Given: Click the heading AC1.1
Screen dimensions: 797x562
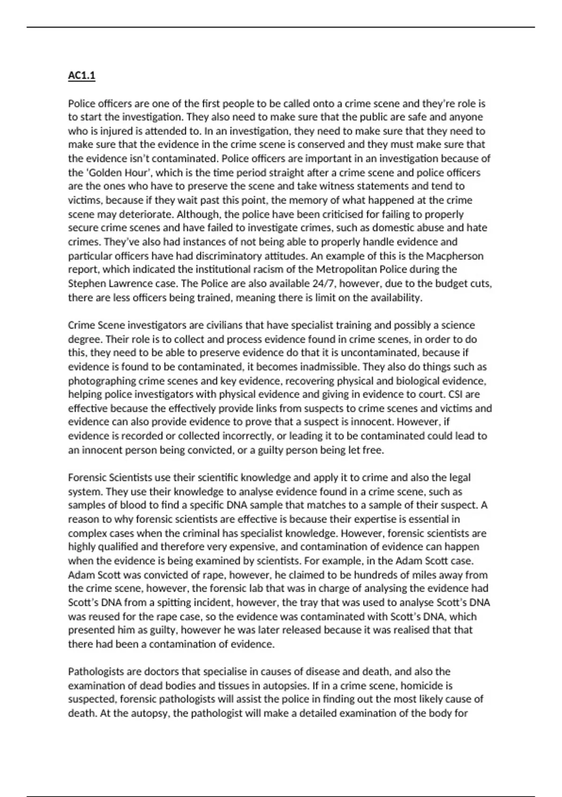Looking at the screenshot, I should pos(81,75).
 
